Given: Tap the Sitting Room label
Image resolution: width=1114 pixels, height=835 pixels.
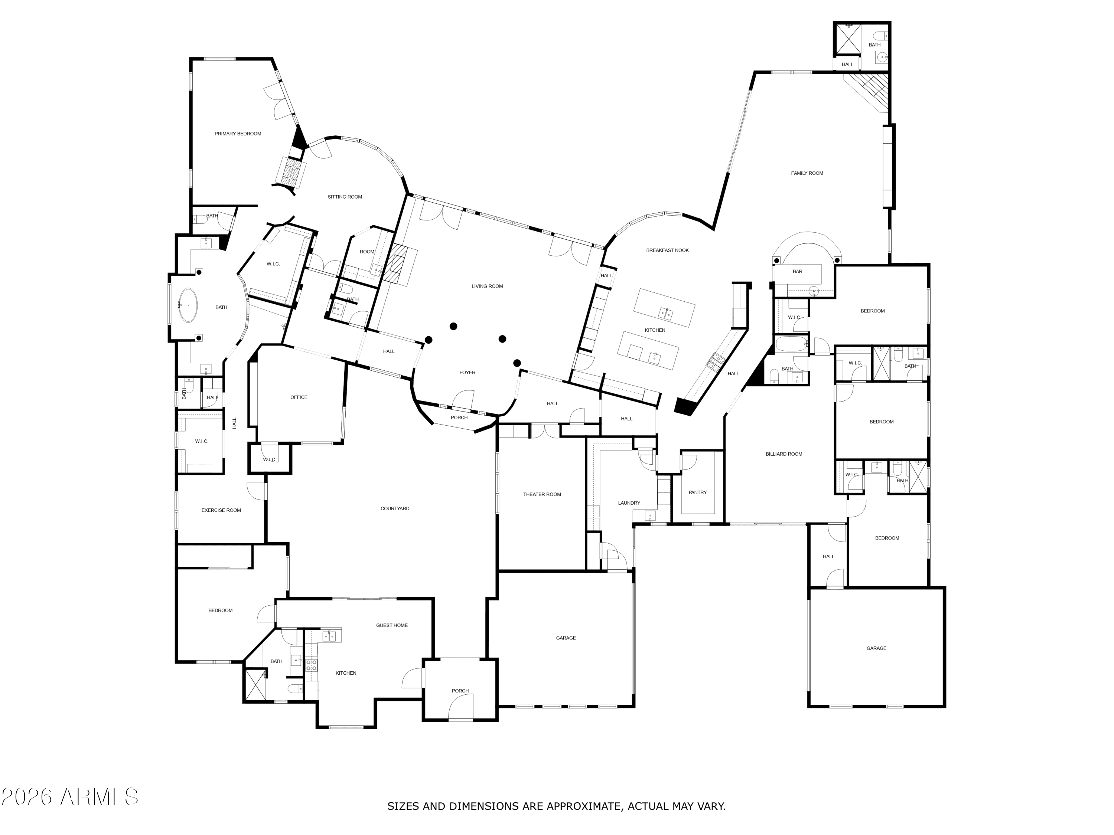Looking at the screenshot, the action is (345, 197).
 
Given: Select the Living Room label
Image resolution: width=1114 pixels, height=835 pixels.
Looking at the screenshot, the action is (487, 286).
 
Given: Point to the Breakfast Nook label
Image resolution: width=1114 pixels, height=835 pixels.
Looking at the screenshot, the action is (667, 250).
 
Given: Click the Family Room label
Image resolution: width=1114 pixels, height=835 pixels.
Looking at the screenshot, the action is (807, 173).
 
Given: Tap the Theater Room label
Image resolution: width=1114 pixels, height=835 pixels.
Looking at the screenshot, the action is (542, 494).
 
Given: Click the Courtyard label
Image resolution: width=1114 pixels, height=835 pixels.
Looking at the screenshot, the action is (395, 508).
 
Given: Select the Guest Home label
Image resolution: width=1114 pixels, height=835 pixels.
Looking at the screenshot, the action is (392, 625).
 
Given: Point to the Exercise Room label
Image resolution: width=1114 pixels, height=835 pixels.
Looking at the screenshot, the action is (221, 510).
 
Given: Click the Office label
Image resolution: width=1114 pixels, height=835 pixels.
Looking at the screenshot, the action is (299, 397).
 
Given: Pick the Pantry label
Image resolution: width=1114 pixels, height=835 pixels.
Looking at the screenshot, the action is (697, 492).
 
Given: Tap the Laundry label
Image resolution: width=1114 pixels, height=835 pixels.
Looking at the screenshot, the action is (629, 503).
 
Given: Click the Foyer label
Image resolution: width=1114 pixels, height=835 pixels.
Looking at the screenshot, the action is (468, 373).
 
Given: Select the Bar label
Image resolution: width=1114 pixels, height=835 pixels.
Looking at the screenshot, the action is (797, 271).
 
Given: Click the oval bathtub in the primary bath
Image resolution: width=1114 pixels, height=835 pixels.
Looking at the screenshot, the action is (188, 305).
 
